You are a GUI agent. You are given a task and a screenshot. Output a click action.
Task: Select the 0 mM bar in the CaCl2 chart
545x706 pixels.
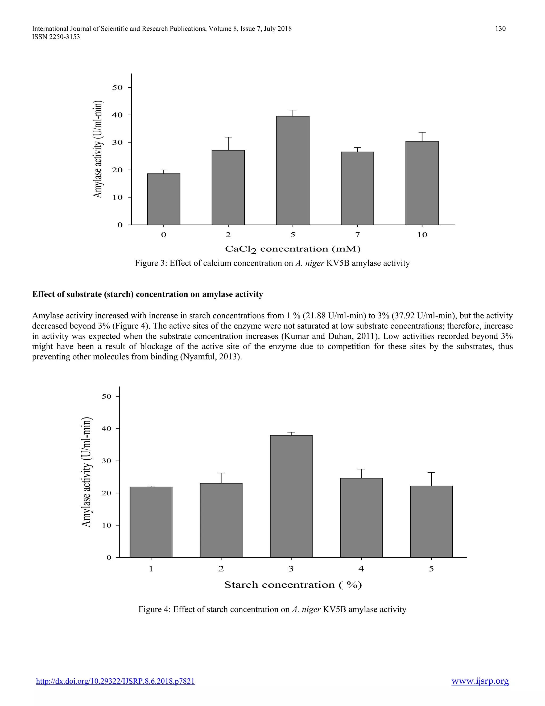click(x=163, y=199)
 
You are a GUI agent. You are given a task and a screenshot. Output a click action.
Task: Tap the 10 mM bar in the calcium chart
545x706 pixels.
click(x=422, y=183)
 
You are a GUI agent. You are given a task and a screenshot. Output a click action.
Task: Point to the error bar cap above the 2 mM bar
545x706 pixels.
click(x=228, y=137)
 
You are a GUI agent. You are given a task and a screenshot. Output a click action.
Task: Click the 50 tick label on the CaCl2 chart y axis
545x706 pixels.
click(x=118, y=88)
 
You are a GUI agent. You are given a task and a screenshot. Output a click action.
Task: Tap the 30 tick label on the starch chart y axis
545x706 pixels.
click(x=106, y=461)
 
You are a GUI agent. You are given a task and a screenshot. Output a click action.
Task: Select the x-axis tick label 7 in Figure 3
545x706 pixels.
click(x=357, y=235)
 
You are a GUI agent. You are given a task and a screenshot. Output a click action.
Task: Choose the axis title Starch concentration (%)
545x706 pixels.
click(x=293, y=585)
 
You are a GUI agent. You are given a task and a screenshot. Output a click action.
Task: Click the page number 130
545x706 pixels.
click(x=500, y=29)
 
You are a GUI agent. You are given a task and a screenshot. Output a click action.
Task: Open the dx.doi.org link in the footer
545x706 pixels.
click(x=115, y=681)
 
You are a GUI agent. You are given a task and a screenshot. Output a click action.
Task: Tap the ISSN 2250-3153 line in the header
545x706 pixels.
click(x=56, y=37)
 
